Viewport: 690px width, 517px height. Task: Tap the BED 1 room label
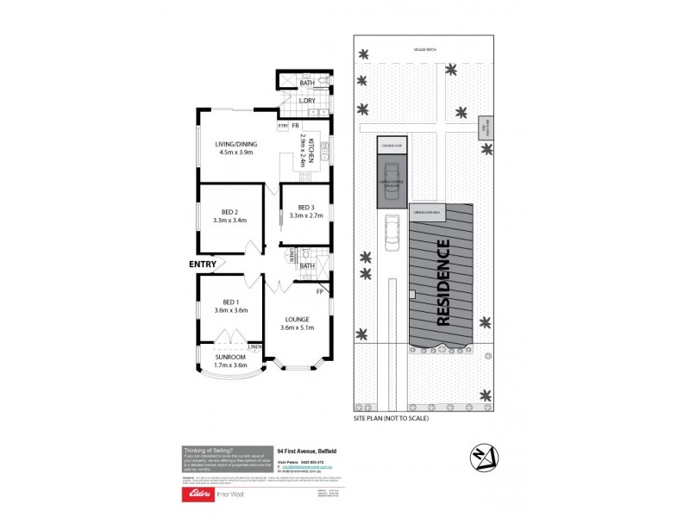(x=229, y=302)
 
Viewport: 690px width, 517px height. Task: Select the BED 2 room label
(x=229, y=212)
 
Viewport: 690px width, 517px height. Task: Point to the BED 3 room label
(x=306, y=208)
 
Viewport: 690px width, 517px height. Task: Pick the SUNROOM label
(x=230, y=357)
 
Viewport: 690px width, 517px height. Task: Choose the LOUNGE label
(x=297, y=320)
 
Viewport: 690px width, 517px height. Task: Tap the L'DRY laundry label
(x=309, y=102)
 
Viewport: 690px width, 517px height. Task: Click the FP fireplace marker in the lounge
(x=320, y=291)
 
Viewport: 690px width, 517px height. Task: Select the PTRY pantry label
(x=282, y=127)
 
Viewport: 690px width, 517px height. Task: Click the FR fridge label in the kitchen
(x=294, y=126)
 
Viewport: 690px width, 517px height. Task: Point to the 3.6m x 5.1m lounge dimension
(x=297, y=328)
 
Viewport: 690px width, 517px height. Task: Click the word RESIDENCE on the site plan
(x=443, y=282)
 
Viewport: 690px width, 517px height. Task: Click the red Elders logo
(x=192, y=495)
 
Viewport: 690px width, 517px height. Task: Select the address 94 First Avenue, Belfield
(x=307, y=450)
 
